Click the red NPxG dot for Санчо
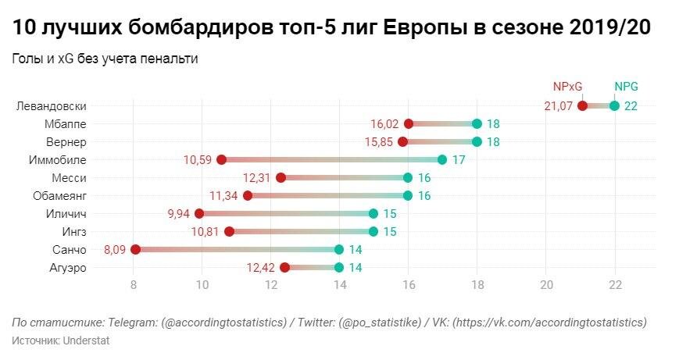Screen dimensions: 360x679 pos(135,250)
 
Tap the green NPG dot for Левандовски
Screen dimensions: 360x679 pos(615,106)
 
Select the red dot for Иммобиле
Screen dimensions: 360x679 pos(221,160)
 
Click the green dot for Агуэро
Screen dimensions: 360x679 pos(339,268)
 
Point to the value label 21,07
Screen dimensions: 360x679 pos(558,106)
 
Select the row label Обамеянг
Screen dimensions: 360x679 pos(59,196)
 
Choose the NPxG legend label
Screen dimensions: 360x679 pos(567,87)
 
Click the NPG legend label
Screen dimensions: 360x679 pos(627,87)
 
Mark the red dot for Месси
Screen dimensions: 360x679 pos(281,178)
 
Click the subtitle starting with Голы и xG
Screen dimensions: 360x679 pos(104,59)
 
